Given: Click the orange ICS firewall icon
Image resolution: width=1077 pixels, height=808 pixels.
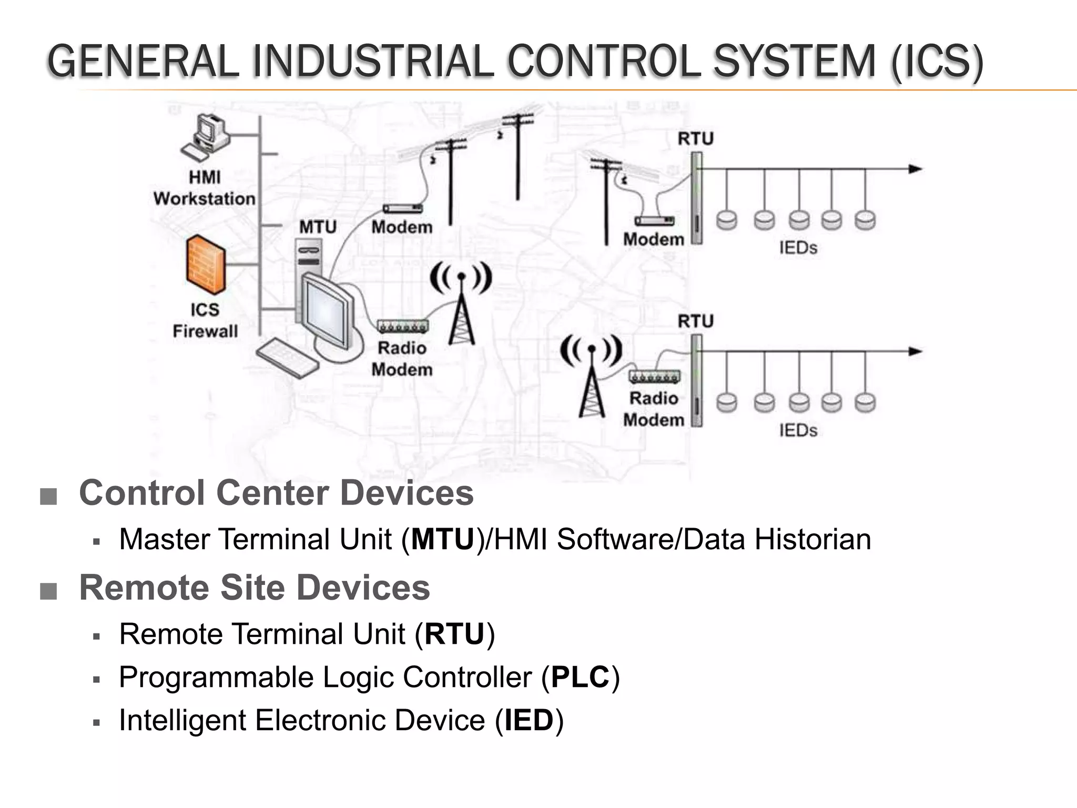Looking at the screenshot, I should coord(206,266).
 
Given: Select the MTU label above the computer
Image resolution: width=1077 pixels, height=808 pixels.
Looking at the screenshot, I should coord(318,227).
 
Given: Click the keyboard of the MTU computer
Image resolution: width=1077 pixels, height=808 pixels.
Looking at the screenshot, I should coord(287,357).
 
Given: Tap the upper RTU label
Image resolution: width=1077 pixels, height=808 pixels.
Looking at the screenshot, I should coord(695,139).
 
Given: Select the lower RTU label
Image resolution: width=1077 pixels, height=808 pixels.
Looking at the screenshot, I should coord(695,321).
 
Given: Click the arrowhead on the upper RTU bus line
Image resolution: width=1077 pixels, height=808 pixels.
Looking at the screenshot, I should coord(916,169).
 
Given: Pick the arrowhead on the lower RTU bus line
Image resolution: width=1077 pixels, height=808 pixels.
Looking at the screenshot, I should coord(916,351).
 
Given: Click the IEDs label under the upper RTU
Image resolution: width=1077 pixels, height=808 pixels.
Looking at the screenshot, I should coord(798,248).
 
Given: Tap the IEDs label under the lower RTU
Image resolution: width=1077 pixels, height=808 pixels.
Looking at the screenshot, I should coord(798,430).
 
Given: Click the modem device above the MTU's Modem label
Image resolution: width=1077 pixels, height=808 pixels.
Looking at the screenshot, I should coord(402,209).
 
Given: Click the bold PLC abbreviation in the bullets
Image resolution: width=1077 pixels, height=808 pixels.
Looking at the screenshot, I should coord(580,677).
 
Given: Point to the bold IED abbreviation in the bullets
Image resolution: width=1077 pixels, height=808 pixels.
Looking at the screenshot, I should coord(529,720).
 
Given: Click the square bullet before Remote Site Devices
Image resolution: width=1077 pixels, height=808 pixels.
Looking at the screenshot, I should coord(48,591).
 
